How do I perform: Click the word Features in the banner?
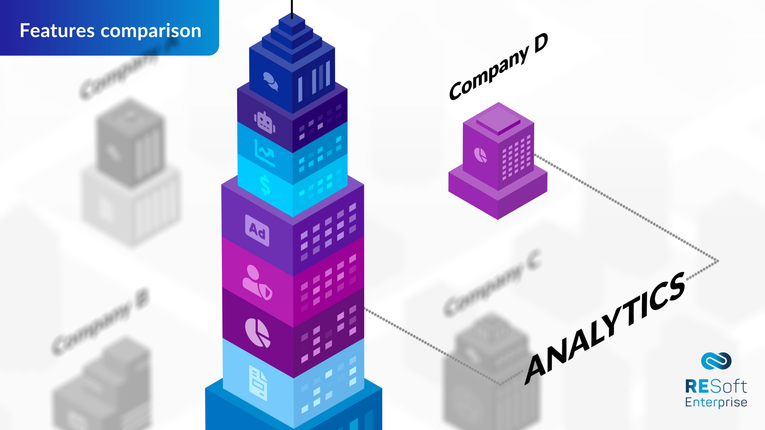(57, 31)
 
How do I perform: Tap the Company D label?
(498, 67)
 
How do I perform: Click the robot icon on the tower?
(265, 122)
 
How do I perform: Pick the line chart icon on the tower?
(265, 153)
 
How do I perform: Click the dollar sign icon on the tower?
(265, 185)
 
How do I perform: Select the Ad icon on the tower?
(257, 231)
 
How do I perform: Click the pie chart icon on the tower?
(257, 332)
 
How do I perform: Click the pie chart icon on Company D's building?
(481, 155)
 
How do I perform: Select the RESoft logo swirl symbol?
(716, 361)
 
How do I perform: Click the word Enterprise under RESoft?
(716, 402)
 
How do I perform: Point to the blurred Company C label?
(492, 283)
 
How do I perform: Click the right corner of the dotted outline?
(718, 261)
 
